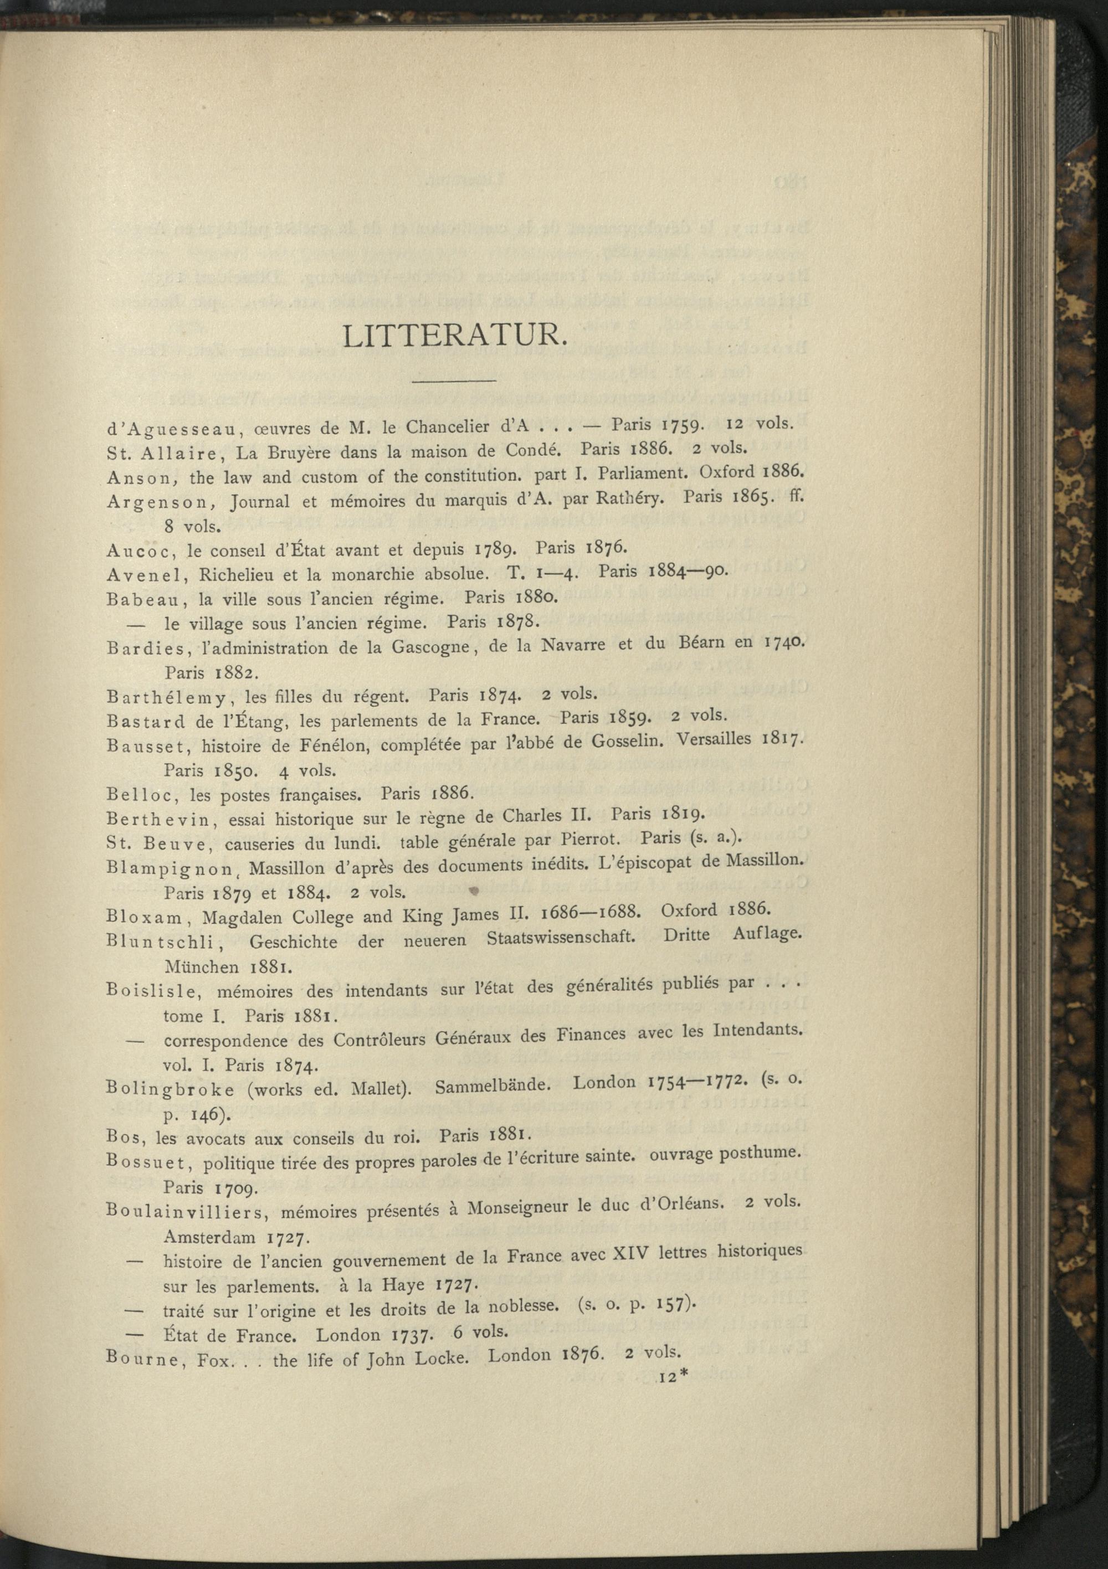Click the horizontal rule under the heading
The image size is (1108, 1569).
[x=454, y=380]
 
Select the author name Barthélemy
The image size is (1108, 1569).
[x=166, y=698]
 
